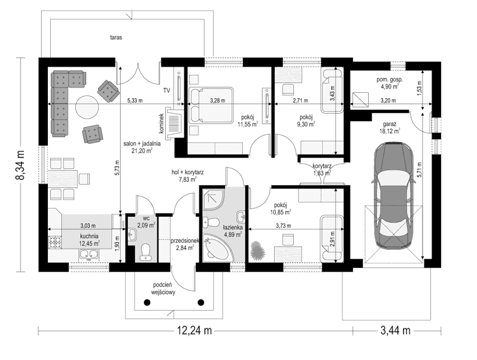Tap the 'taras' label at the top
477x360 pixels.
pyautogui.click(x=116, y=37)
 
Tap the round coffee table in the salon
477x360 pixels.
pyautogui.click(x=86, y=106)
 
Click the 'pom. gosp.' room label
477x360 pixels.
pyautogui.click(x=390, y=79)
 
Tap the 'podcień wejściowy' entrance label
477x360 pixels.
pyautogui.click(x=162, y=289)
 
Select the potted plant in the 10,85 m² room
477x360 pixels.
pyautogui.click(x=258, y=250)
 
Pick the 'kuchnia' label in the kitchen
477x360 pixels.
pyautogui.click(x=89, y=237)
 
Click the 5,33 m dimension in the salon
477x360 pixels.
pyautogui.click(x=135, y=101)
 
